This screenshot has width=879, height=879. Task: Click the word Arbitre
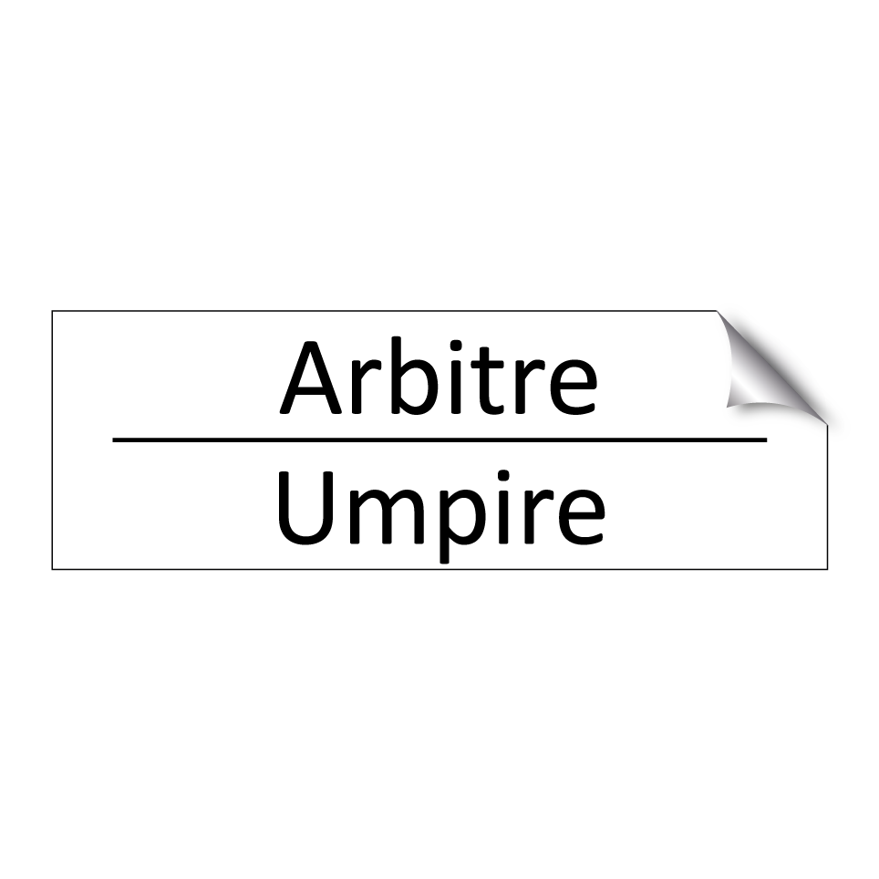coord(439,377)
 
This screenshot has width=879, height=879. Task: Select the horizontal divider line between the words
coord(439,439)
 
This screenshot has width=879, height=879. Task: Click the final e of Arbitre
coord(568,387)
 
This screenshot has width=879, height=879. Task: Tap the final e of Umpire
coord(576,517)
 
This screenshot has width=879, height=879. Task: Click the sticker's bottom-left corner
coord(53,569)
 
